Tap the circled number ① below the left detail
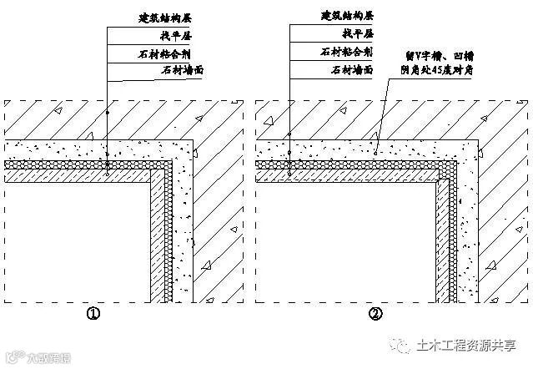(x=93, y=315)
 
